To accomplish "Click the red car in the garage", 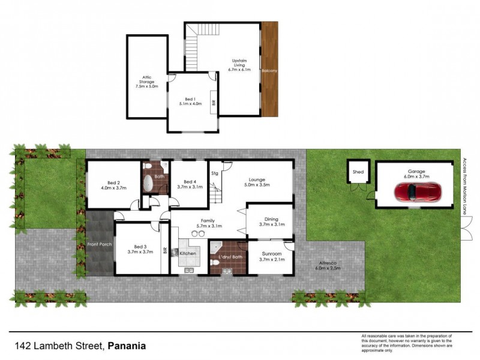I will click(x=417, y=192).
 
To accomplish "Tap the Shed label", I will click(x=358, y=172).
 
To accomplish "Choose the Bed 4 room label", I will click(x=190, y=184).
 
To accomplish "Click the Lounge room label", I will click(x=257, y=182).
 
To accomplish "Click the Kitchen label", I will click(x=188, y=254).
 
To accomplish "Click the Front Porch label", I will click(x=100, y=245).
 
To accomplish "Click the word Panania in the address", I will click(x=127, y=346).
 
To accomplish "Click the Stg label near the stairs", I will click(x=214, y=175).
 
